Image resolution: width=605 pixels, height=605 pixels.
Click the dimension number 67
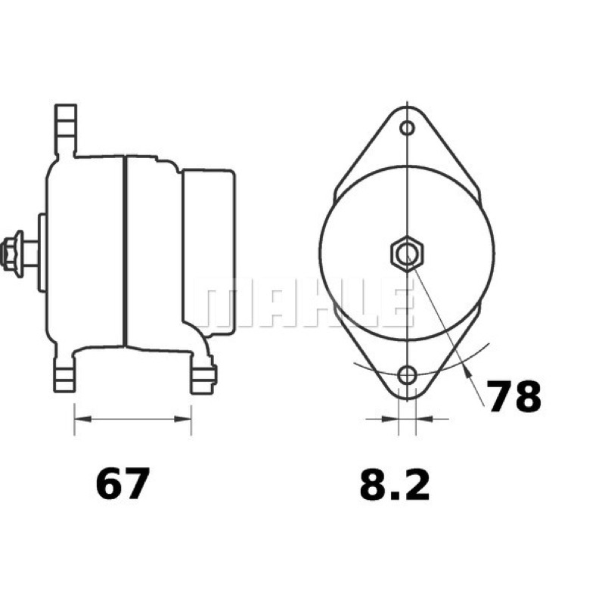[x=123, y=483]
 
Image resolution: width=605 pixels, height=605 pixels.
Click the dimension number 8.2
[x=395, y=484]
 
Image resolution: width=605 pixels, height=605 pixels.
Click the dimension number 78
[x=513, y=396]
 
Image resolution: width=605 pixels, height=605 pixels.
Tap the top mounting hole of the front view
[x=407, y=128]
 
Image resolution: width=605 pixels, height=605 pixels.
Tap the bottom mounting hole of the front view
[x=407, y=375]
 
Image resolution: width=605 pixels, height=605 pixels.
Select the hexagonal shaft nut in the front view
[x=407, y=253]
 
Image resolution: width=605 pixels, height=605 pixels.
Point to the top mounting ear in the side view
[x=66, y=129]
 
